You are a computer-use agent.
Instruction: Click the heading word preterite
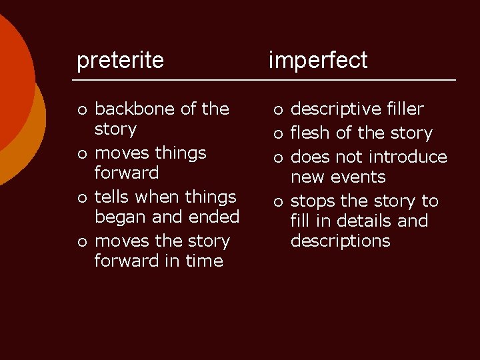click(x=120, y=61)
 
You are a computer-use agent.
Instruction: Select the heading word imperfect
click(x=317, y=61)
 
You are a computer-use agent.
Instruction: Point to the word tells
click(x=113, y=197)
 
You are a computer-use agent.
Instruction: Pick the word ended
click(x=215, y=217)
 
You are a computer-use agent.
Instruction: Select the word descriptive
click(x=335, y=109)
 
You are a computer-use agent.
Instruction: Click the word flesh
click(x=311, y=133)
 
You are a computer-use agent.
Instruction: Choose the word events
click(x=363, y=177)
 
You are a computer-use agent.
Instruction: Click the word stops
click(x=315, y=201)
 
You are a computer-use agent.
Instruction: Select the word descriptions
click(x=340, y=241)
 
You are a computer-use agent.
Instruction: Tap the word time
click(x=204, y=261)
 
